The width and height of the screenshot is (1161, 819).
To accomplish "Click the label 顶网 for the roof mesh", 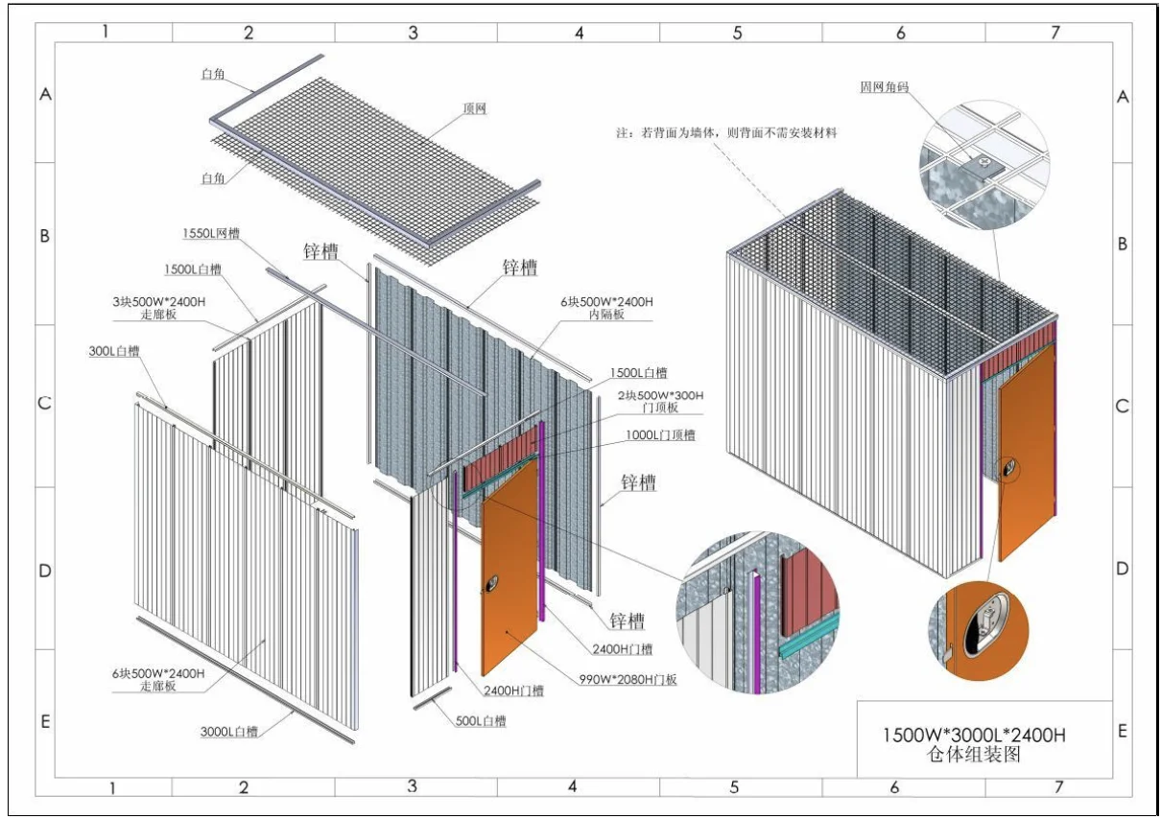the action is click(474, 109).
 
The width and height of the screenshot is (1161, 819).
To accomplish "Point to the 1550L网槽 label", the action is click(211, 233).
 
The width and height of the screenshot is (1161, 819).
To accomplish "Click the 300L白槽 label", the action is click(113, 352).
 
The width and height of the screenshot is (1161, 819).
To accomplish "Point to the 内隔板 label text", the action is click(607, 314).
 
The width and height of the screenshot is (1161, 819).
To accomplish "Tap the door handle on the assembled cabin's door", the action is click(1008, 469).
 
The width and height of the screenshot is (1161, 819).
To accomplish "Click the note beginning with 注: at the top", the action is click(726, 133).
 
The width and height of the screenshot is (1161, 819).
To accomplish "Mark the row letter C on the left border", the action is click(44, 404).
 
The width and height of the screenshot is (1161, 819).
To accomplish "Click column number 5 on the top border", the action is click(737, 33).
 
